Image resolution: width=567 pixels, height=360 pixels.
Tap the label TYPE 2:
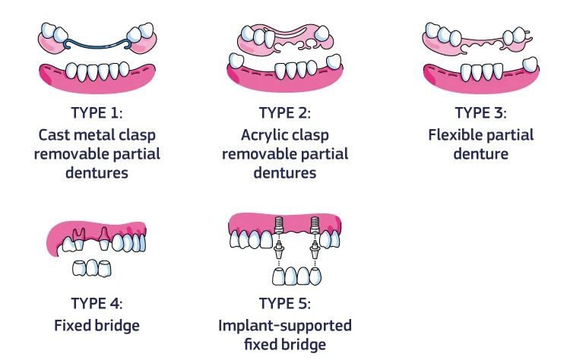click(x=285, y=114)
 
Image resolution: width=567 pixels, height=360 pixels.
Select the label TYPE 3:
click(x=480, y=114)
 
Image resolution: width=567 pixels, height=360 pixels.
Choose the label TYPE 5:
click(x=285, y=305)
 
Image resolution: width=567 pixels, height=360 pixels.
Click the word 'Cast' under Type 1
click(x=55, y=134)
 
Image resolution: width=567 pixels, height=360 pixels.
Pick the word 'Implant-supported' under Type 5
click(x=285, y=325)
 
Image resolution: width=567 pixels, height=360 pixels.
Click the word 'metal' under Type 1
click(x=99, y=134)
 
